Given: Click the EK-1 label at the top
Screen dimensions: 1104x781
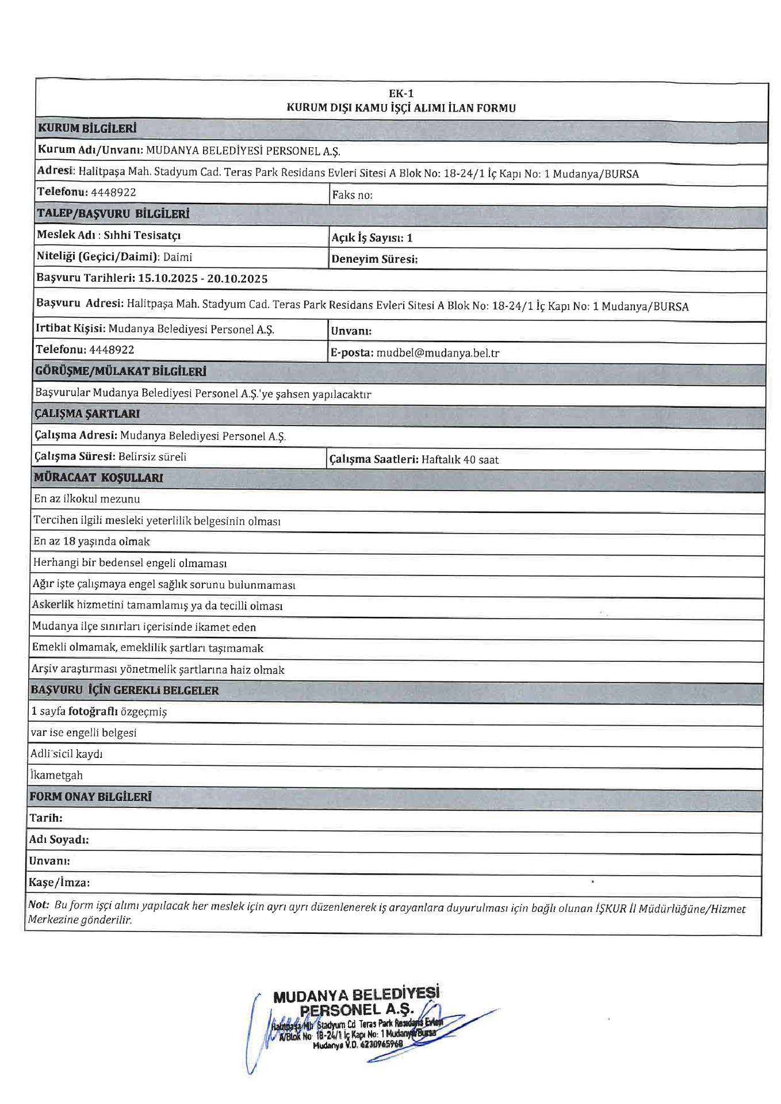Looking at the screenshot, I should [401, 93].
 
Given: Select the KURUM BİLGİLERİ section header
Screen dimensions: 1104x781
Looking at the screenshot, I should [87, 128].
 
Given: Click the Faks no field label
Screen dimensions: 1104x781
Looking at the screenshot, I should [352, 195].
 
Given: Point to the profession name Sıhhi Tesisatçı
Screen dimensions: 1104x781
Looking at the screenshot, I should [142, 235].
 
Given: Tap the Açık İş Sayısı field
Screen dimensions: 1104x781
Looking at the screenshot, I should [372, 238].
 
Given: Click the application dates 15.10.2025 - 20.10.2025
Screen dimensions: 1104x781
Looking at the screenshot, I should [202, 279].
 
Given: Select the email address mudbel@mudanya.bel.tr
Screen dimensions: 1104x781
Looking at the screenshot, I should [438, 353].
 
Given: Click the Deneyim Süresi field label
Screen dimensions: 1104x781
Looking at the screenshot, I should [374, 259].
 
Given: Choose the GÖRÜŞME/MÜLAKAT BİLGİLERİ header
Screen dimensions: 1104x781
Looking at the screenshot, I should [121, 371].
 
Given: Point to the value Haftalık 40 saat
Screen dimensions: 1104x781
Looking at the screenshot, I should [460, 459].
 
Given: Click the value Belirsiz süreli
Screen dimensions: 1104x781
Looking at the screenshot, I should [152, 457].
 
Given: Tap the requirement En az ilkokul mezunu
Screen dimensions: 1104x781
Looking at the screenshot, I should [87, 499].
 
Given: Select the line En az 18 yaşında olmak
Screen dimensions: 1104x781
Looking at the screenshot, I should [91, 542].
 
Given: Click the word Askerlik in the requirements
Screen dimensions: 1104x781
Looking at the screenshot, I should [53, 604].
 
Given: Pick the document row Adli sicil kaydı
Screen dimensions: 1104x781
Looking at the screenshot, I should [67, 754].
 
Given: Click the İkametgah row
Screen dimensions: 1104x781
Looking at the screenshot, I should [56, 775].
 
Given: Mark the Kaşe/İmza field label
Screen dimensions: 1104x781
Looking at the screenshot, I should [59, 883].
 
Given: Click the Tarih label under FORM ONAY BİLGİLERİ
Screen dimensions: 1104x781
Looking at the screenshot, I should [46, 818].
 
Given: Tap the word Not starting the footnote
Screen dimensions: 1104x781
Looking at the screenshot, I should [38, 904].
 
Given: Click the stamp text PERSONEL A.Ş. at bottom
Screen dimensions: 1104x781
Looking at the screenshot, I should [357, 1010].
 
